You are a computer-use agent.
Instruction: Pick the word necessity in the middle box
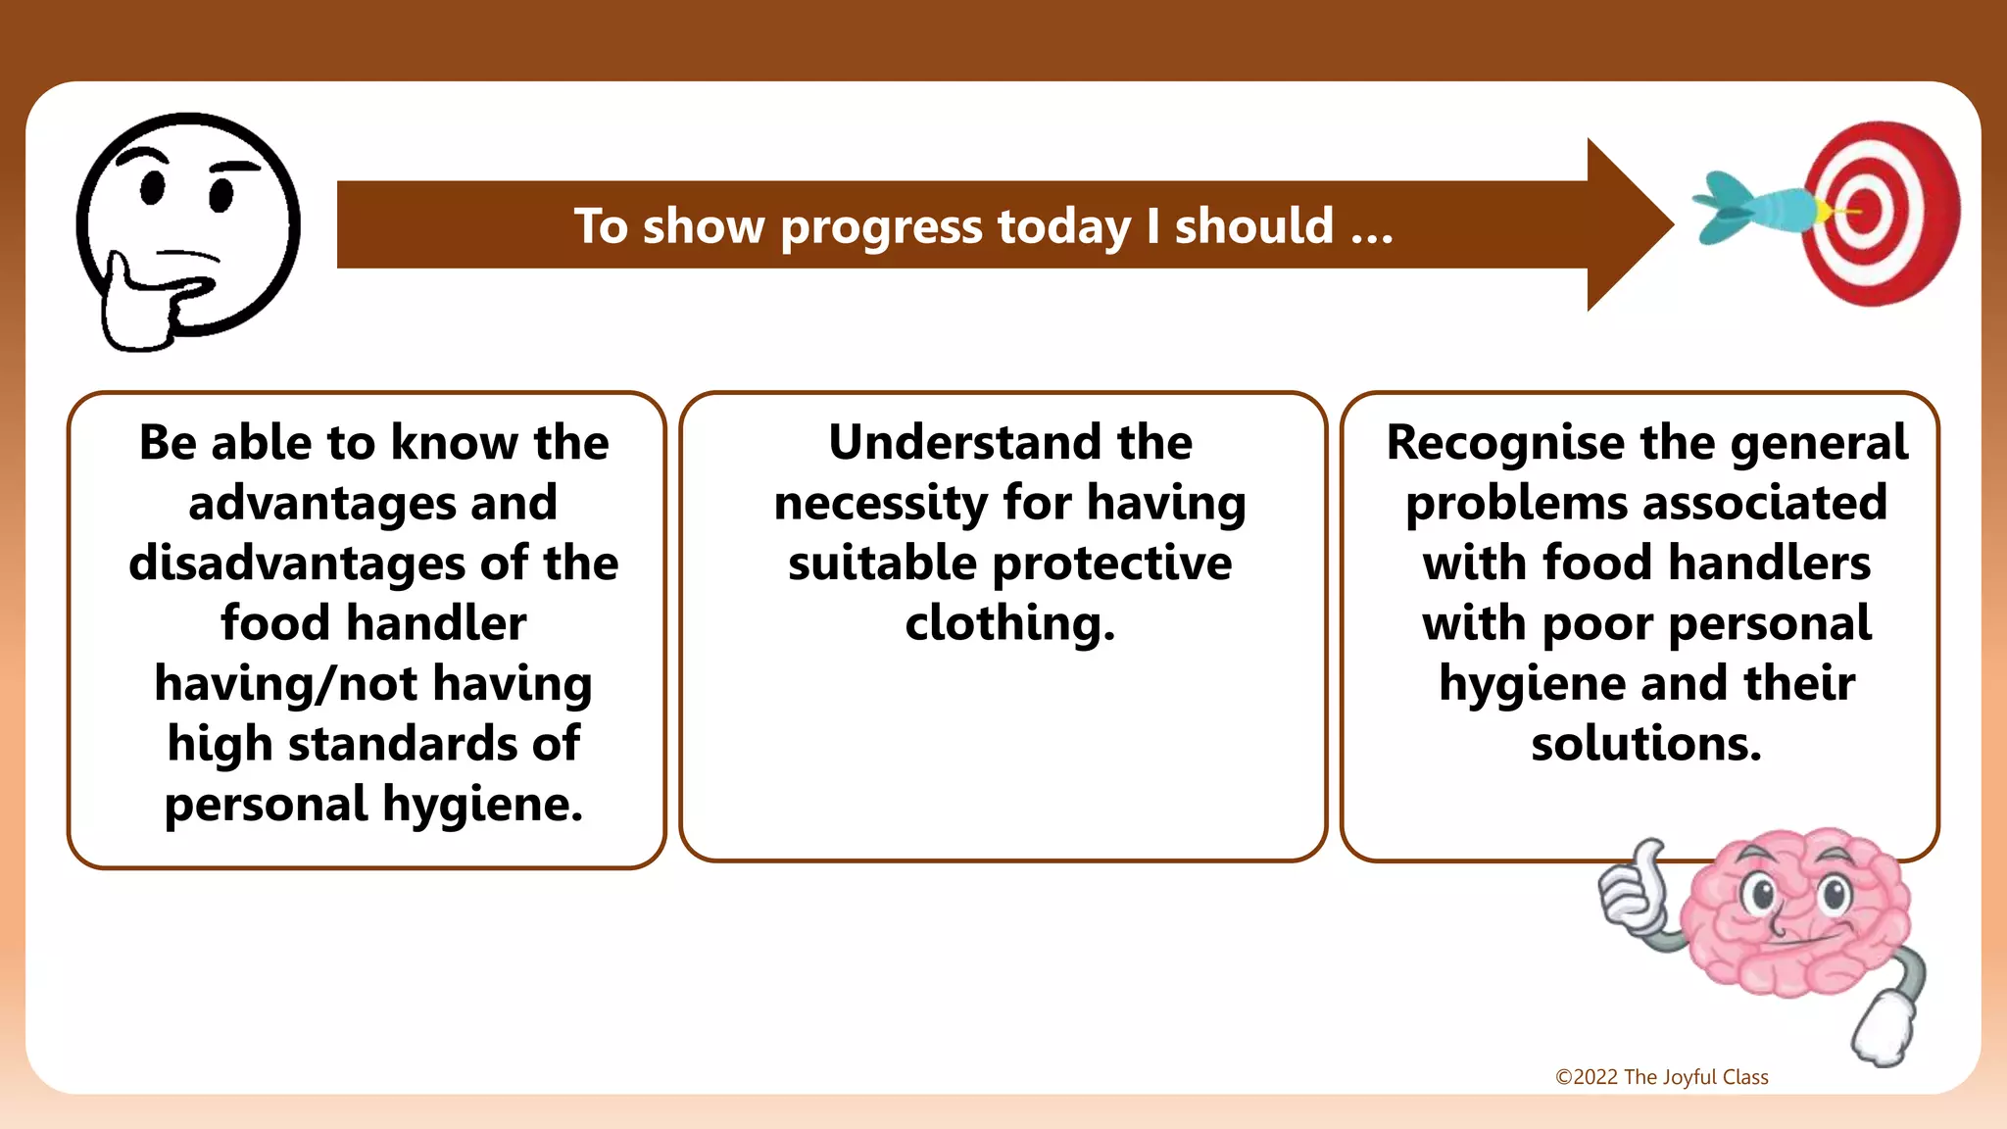tap(880, 504)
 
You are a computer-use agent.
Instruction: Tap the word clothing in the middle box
tap(1009, 624)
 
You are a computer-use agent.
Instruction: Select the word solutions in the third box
tap(1646, 744)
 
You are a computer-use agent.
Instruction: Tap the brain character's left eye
tap(1761, 893)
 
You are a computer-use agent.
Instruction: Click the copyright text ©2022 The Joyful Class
tap(1661, 1077)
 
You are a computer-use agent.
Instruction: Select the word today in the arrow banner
tap(1063, 227)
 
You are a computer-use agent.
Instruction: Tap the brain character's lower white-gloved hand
tap(1883, 1031)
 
